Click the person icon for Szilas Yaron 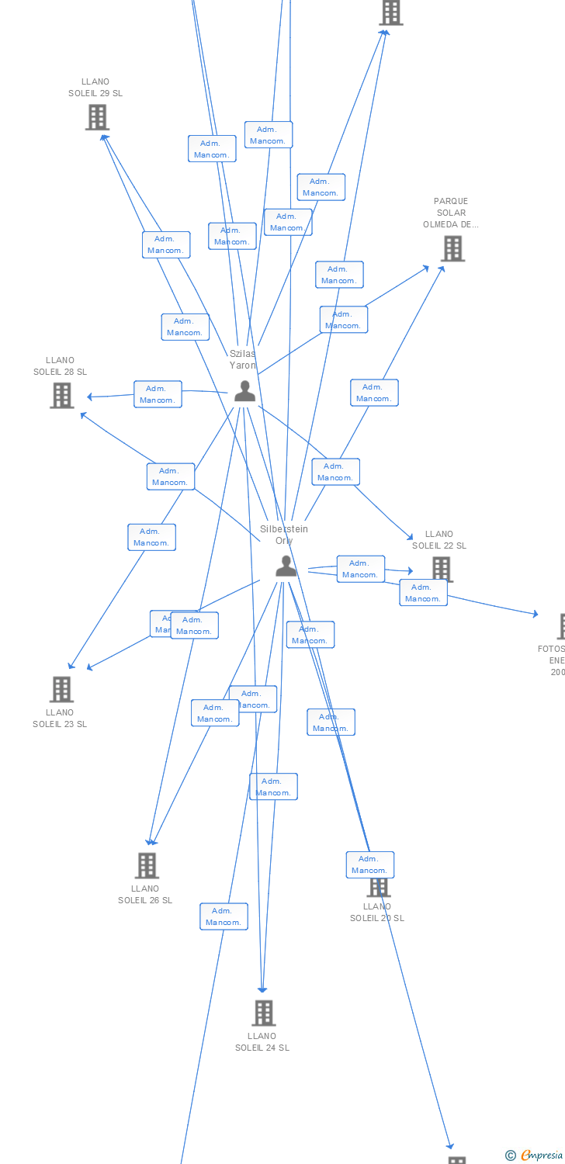[x=244, y=391]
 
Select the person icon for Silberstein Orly [x=286, y=566]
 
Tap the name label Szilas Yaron [x=242, y=359]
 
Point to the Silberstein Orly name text [x=284, y=535]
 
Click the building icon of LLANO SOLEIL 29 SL [x=96, y=117]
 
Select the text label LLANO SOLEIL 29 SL [x=95, y=87]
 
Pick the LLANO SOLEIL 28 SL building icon [x=61, y=395]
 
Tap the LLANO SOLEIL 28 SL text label [x=60, y=365]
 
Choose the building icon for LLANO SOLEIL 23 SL [x=61, y=688]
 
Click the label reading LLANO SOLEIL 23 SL [x=60, y=718]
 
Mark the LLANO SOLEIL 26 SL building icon [x=147, y=864]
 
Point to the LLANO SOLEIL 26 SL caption [x=145, y=894]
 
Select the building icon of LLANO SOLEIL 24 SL [x=264, y=1012]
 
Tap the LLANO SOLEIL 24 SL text [x=262, y=1041]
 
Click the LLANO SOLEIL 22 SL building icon [x=442, y=568]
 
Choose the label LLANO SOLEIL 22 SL [x=439, y=539]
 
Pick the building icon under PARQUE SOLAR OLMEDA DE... [x=452, y=248]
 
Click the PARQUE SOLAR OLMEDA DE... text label [x=451, y=213]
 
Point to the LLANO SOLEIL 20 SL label [x=377, y=912]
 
